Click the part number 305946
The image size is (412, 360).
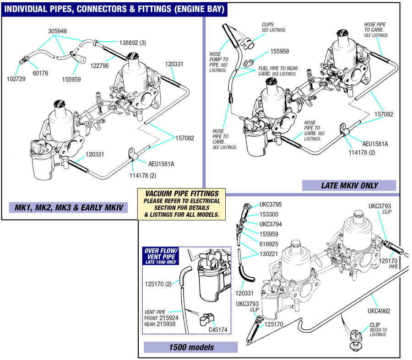click(x=58, y=31)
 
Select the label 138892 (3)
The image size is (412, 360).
click(x=133, y=43)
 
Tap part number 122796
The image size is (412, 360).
click(x=99, y=66)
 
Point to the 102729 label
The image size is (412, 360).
click(x=16, y=79)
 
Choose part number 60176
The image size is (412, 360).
click(x=40, y=73)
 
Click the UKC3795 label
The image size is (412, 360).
click(x=271, y=204)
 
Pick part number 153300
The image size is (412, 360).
click(x=269, y=215)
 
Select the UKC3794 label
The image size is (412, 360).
click(x=271, y=224)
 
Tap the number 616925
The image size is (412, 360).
click(x=269, y=244)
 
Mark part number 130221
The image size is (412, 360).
click(x=269, y=254)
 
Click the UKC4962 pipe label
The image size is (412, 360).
click(x=379, y=311)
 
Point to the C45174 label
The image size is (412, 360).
click(x=218, y=330)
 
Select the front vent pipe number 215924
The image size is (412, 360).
click(x=169, y=318)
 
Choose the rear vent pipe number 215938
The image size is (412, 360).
click(x=166, y=324)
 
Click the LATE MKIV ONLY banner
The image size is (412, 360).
click(x=349, y=186)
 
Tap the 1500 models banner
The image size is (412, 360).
click(x=191, y=347)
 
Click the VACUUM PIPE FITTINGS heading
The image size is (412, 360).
click(x=182, y=194)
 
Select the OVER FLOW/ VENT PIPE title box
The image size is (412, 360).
click(x=161, y=256)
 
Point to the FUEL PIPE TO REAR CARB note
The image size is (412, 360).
click(x=278, y=71)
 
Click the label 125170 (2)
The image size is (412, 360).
click(x=158, y=284)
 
